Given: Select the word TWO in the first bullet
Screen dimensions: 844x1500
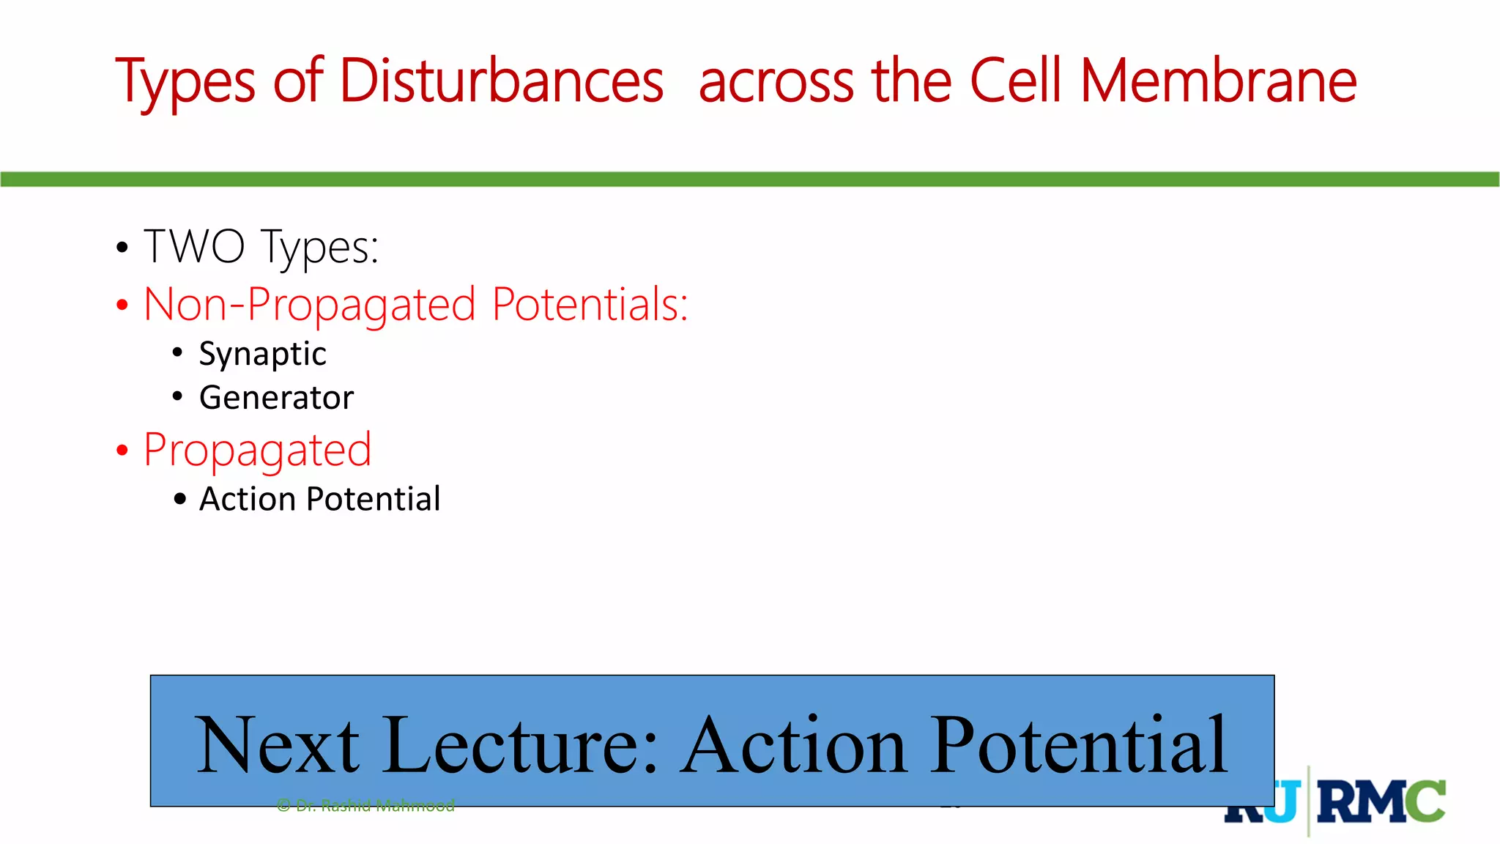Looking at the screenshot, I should click(194, 246).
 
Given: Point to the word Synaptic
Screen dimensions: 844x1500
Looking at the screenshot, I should click(262, 355).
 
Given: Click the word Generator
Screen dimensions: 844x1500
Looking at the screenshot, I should click(276, 398).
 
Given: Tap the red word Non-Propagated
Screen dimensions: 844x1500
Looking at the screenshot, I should click(310, 304).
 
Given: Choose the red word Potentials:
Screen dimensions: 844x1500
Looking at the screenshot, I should click(590, 304).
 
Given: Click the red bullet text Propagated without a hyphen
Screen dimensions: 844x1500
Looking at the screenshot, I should click(257, 451).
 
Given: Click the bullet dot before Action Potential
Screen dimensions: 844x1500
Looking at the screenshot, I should click(180, 500).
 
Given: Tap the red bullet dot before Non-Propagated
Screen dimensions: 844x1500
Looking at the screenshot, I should click(122, 306).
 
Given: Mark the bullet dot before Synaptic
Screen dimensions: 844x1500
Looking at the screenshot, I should click(177, 353).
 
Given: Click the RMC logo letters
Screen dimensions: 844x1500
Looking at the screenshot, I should click(1381, 802).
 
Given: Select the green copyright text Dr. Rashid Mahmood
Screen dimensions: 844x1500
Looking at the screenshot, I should click(366, 806).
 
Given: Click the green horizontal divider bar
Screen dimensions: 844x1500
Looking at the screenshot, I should click(750, 179).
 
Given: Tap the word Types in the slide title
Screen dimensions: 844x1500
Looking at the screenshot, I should click(185, 82).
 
